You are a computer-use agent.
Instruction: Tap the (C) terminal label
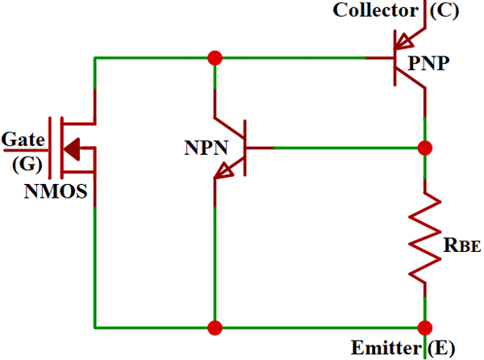(446, 10)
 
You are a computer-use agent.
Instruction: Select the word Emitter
(383, 349)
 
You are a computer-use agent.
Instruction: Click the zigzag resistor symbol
(424, 237)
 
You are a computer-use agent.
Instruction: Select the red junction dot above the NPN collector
(215, 58)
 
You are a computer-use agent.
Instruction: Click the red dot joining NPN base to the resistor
(424, 148)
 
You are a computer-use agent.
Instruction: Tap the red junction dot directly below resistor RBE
(424, 328)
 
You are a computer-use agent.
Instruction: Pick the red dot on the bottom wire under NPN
(215, 328)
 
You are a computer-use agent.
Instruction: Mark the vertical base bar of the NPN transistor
(244, 148)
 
